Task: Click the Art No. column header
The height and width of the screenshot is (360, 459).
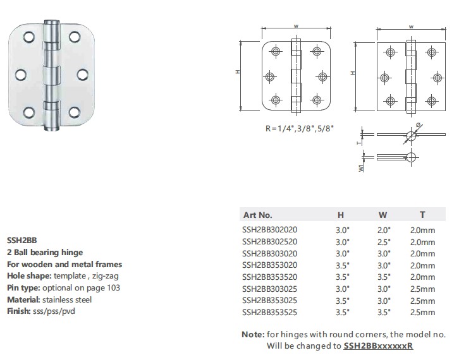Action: click(257, 215)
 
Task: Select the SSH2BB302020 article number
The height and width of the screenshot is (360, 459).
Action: click(269, 230)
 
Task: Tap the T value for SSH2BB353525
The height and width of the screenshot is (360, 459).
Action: click(422, 313)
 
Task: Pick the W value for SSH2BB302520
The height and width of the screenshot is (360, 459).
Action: click(384, 242)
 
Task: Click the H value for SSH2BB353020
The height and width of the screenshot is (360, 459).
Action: click(343, 265)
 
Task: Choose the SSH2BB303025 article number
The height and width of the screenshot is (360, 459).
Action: click(269, 289)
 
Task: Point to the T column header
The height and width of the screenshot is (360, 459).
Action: click(422, 215)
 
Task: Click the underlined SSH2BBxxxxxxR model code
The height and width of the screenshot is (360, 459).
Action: click(378, 345)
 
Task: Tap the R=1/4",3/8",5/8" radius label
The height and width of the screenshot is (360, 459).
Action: click(300, 128)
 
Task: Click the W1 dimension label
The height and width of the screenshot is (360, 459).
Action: click(361, 168)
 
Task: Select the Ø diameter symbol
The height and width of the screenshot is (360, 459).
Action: click(419, 125)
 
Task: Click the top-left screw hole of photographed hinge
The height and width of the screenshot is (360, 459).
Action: click(29, 37)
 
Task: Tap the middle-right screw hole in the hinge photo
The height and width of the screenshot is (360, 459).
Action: click(83, 75)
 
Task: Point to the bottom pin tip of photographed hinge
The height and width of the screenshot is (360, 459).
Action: click(52, 129)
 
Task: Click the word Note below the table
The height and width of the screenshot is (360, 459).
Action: click(252, 334)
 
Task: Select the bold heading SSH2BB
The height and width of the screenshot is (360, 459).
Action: click(22, 240)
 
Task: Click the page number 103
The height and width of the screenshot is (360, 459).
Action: click(113, 288)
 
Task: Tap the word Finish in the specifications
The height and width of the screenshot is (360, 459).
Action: click(18, 311)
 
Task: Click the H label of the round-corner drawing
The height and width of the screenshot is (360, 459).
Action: click(238, 71)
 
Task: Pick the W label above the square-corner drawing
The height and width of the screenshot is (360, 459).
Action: click(411, 27)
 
